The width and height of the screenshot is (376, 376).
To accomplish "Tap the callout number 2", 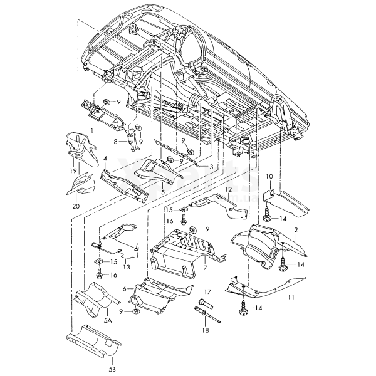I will coord(296,231).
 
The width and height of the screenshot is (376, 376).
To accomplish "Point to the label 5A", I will coord(107,320).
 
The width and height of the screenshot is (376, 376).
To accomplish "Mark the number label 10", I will coord(269,176).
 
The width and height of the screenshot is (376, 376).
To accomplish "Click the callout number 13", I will coord(125,267).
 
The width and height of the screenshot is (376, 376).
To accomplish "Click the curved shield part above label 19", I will coord(81,150).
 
